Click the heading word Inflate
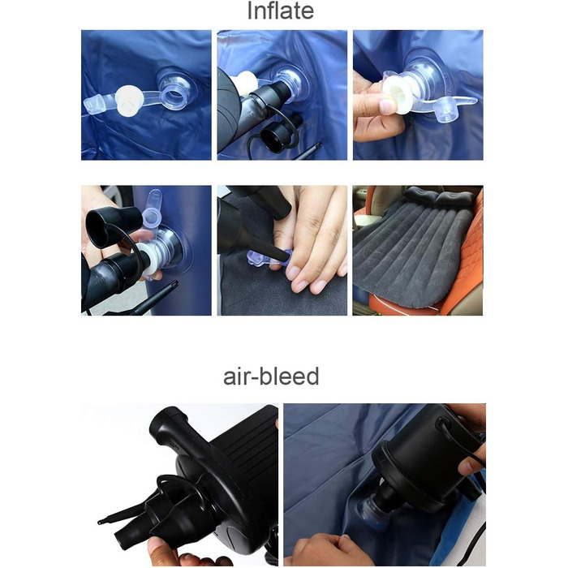pyautogui.click(x=281, y=11)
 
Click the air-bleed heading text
pyautogui.click(x=271, y=376)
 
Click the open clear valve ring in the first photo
pyautogui.click(x=173, y=95)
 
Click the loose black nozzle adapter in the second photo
pyautogui.click(x=278, y=134)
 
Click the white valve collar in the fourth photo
pyautogui.click(x=152, y=260)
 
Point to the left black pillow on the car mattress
pyautogui.click(x=421, y=196)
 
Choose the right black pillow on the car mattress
pyautogui.click(x=454, y=199)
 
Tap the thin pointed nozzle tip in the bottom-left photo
pyautogui.click(x=101, y=522)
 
